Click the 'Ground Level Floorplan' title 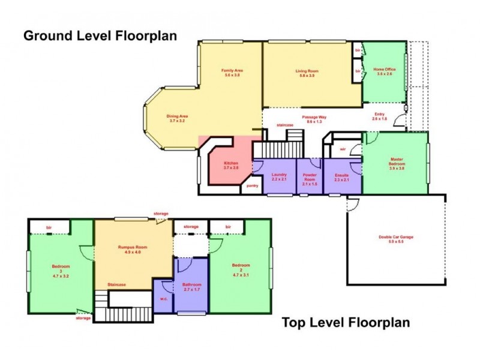point(100,36)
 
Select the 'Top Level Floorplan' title point(346,323)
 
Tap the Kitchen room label point(232,166)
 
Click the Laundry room point(278,177)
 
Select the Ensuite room point(342,177)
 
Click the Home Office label point(385,71)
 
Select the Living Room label point(307,73)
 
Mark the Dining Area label point(178,118)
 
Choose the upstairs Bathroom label point(191,286)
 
